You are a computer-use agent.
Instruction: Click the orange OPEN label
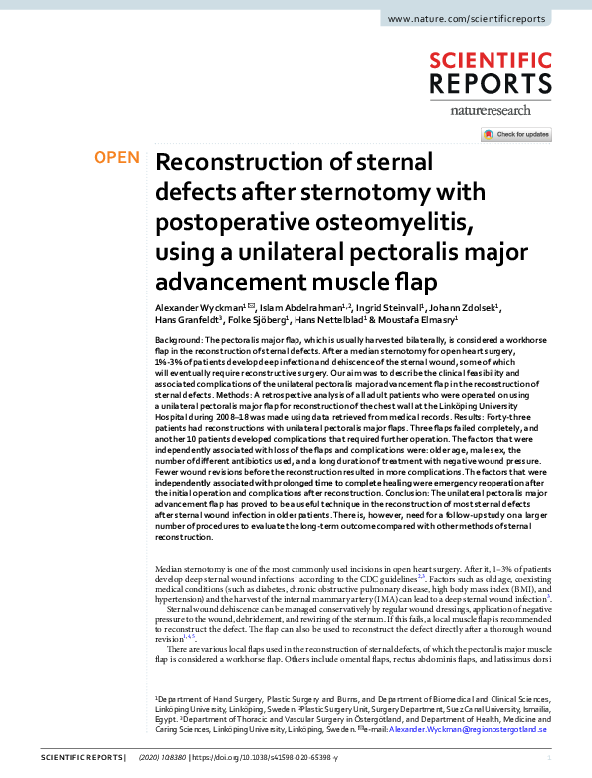pyautogui.click(x=116, y=158)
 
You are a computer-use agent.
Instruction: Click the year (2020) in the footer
pyautogui.click(x=152, y=759)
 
